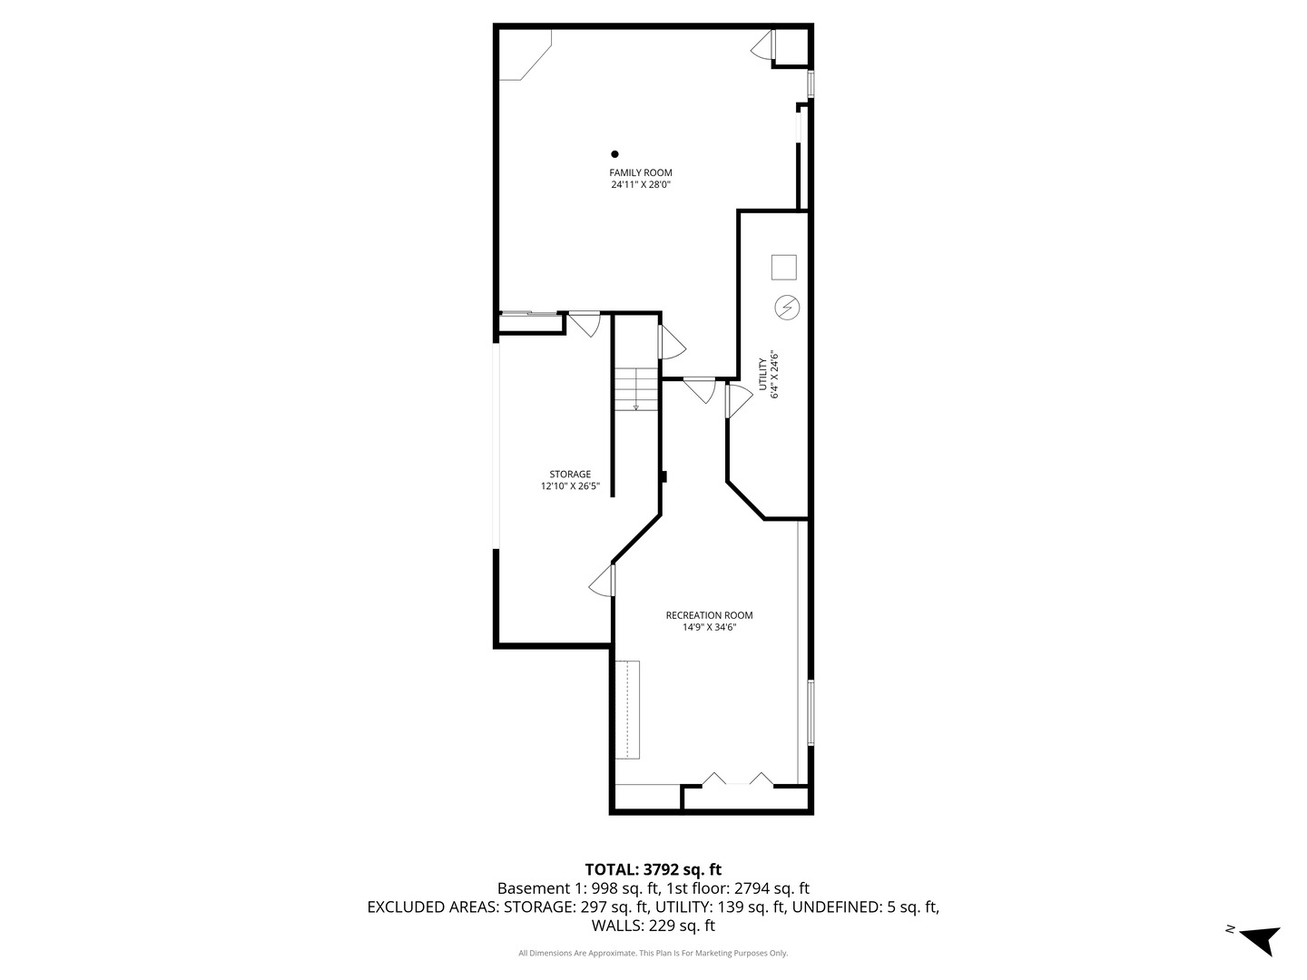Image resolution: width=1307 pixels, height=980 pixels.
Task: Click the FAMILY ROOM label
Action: (640, 172)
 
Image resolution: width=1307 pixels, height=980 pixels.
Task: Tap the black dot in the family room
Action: (614, 154)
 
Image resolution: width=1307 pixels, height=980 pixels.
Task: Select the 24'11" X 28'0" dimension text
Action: (640, 185)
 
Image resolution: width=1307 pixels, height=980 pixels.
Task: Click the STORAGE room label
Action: (570, 474)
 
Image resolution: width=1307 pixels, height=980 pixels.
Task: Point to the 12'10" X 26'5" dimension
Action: (570, 486)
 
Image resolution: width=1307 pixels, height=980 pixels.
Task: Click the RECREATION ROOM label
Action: (709, 615)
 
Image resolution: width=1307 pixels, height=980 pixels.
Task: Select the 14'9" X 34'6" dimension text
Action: (709, 627)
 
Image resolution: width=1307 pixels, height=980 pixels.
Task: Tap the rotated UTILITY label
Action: (764, 375)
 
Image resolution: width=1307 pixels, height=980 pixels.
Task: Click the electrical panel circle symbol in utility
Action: (786, 309)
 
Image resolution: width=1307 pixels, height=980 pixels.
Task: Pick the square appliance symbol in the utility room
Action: (783, 267)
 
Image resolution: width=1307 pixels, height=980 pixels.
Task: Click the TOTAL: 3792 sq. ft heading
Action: (653, 869)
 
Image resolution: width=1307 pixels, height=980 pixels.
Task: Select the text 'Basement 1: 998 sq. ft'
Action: (578, 888)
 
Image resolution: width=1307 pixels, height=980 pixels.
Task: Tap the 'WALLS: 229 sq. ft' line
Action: (653, 926)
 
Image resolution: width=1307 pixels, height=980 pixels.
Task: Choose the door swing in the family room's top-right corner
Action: (762, 46)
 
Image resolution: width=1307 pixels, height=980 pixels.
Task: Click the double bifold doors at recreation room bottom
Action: (738, 779)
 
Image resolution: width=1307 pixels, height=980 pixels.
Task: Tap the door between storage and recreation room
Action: (603, 581)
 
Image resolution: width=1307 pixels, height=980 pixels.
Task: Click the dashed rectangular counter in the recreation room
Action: (627, 710)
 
